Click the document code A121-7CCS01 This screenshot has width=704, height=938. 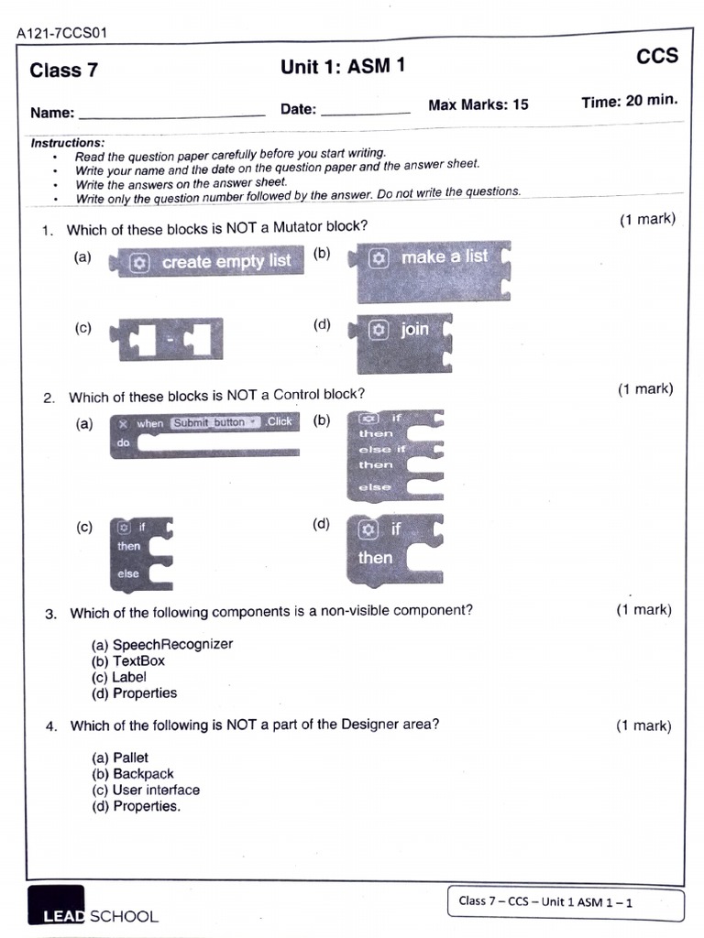click(x=61, y=34)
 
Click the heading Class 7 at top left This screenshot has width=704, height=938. click(x=63, y=71)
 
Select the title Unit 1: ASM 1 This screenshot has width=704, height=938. click(x=341, y=66)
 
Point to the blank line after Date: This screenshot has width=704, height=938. click(x=366, y=111)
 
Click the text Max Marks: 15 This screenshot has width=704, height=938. click(x=478, y=104)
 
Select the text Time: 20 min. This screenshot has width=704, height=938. click(x=629, y=101)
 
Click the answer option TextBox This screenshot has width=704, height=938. click(x=138, y=660)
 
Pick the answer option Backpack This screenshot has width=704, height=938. click(x=143, y=774)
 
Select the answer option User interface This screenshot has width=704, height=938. click(x=155, y=790)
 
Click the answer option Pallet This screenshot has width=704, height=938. click(x=130, y=758)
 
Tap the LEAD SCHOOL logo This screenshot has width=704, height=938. click(x=93, y=906)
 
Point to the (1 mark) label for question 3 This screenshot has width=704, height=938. click(x=643, y=610)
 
